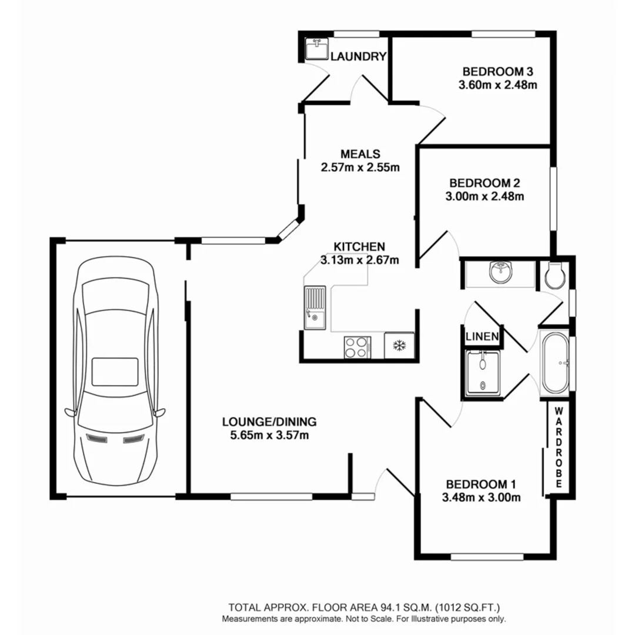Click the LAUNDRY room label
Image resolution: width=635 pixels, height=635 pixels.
(358, 56)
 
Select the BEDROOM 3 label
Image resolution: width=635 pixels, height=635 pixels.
(497, 72)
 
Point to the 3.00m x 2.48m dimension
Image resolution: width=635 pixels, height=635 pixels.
(484, 196)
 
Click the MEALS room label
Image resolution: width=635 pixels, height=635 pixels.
(359, 153)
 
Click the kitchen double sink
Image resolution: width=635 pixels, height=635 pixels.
(315, 307)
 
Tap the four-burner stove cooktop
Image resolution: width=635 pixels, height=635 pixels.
(357, 346)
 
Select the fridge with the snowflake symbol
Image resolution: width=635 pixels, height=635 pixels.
(399, 345)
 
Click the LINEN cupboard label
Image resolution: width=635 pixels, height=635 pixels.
(482, 337)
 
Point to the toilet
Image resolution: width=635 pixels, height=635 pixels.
(554, 273)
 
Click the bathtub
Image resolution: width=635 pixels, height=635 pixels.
(555, 364)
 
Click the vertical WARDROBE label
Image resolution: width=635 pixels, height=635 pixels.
(559, 447)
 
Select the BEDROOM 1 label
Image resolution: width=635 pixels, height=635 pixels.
(481, 484)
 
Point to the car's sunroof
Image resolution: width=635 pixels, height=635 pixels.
(115, 372)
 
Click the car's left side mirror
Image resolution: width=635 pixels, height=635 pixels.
(71, 412)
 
